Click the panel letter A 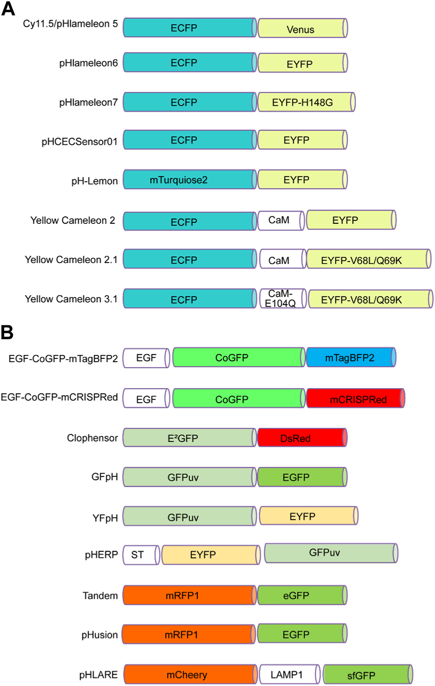8,8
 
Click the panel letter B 7,332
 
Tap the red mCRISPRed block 355,399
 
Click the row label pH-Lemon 94,181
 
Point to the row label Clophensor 92,438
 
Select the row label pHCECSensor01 79,141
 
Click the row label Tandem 100,596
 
